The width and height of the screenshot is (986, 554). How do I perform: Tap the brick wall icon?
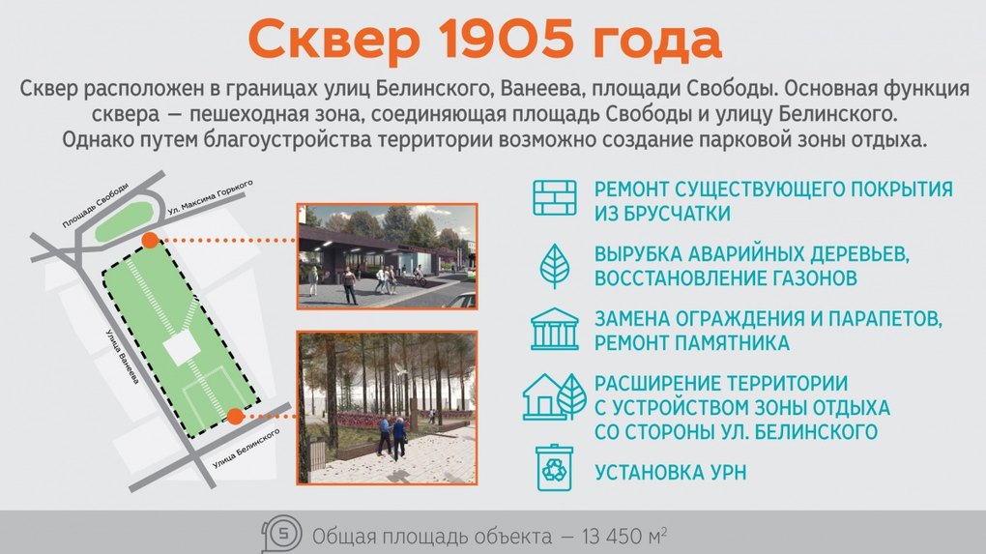coord(555,198)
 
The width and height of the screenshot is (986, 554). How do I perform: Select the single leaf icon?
coord(555,266)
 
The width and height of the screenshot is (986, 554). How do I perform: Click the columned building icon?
coord(554,329)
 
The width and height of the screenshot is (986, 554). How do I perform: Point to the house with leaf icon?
coord(554,396)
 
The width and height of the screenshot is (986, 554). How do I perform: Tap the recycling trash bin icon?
coord(554,469)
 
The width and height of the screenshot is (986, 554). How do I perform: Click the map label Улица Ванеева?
coord(122,357)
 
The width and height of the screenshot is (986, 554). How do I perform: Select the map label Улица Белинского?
coord(246,449)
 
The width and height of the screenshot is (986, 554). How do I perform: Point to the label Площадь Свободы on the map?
coord(96,205)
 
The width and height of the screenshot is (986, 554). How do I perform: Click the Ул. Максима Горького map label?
coord(211,197)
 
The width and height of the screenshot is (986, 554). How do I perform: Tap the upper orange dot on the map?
coord(150,240)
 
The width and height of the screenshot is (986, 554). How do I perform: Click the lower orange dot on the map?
coord(235,416)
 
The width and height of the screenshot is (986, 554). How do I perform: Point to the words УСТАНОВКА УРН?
coord(670,472)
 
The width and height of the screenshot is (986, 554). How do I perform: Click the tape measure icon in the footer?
coord(281,535)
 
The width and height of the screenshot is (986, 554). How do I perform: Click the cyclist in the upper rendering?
coord(419,277)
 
